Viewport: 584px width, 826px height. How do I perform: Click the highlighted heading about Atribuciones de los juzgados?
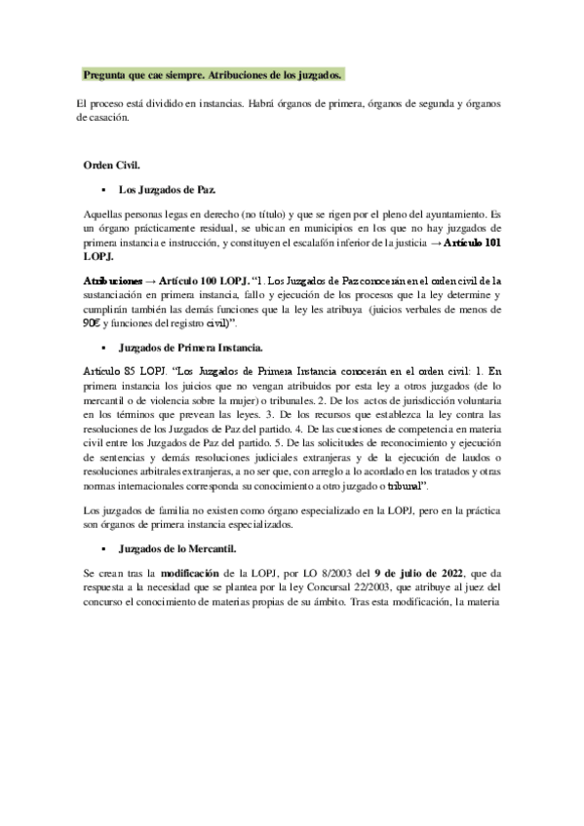[x=214, y=74]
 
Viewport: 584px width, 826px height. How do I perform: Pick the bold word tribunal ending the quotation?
[x=398, y=484]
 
